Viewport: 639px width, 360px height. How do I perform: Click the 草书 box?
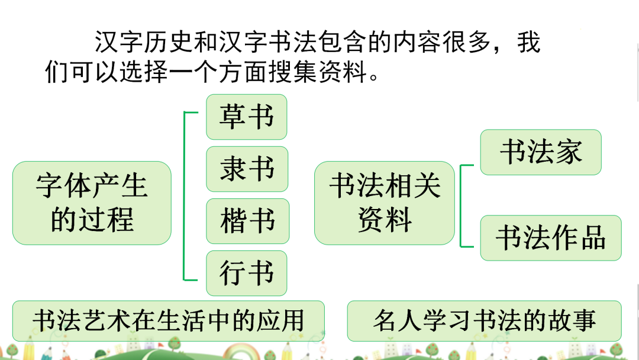pyautogui.click(x=246, y=117)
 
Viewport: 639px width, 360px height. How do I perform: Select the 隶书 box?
pyautogui.click(x=247, y=169)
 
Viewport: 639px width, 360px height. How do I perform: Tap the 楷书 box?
pyautogui.click(x=247, y=221)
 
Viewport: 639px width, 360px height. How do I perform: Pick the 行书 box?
pyautogui.click(x=246, y=273)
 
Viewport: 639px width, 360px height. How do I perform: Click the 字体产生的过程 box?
pyautogui.click(x=92, y=202)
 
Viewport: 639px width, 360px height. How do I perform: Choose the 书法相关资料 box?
pyautogui.click(x=385, y=202)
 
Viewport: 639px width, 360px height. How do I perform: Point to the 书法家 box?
pyautogui.click(x=541, y=152)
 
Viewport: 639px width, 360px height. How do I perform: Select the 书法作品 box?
pyautogui.click(x=550, y=237)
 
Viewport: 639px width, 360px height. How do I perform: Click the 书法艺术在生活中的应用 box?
pyautogui.click(x=169, y=320)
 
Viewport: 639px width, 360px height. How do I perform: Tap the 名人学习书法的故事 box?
pyautogui.click(x=484, y=320)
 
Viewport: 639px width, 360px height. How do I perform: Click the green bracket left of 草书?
pyautogui.click(x=185, y=195)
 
